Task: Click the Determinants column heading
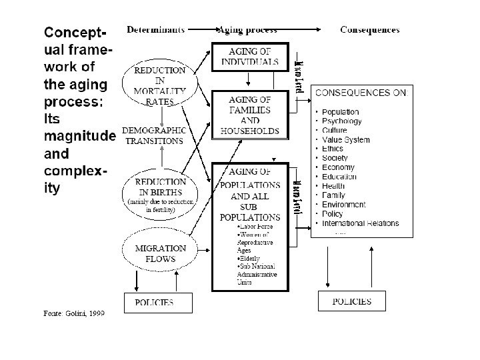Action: pos(153,29)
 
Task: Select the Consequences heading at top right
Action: pos(370,29)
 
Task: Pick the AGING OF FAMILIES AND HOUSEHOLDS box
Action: pos(249,115)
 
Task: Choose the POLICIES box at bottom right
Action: pos(352,302)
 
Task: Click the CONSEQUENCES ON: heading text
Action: pos(363,94)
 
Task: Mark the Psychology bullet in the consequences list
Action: pos(341,121)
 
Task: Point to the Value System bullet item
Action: pos(345,140)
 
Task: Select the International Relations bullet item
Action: pos(360,223)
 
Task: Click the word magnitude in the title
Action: pos(79,137)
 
